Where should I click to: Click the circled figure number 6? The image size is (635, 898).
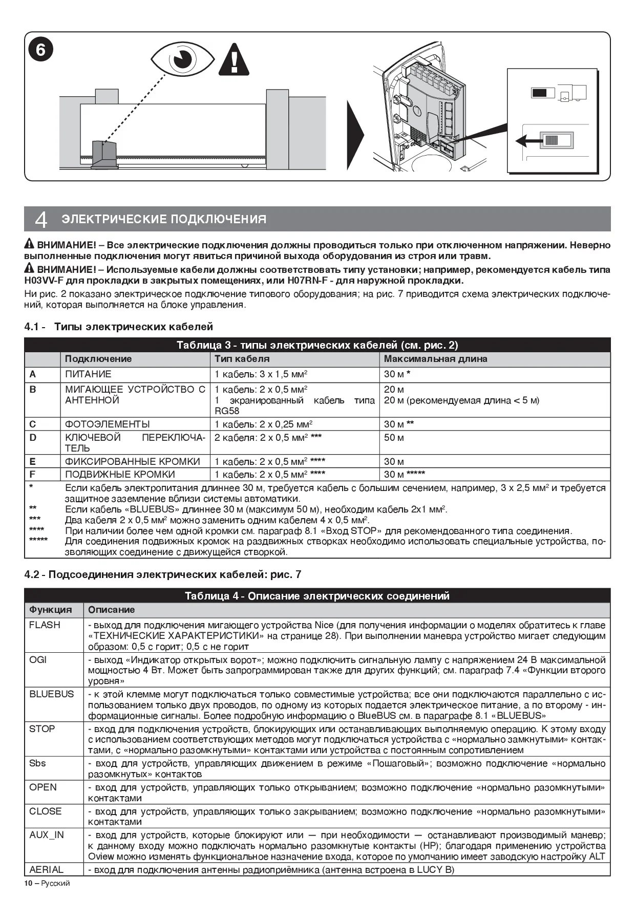40,50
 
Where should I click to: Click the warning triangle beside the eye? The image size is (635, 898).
234,60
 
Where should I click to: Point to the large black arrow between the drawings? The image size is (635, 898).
355,135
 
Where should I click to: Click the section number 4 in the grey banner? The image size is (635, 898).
41,220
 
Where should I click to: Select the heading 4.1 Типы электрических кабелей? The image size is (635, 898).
119,327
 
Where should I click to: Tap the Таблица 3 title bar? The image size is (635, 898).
317,345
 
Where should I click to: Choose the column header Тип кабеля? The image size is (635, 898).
242,359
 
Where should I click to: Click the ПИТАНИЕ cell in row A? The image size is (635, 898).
88,374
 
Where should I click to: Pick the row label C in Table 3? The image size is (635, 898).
33,424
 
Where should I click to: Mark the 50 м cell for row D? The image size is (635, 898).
394,438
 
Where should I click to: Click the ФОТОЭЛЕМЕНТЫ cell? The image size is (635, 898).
108,424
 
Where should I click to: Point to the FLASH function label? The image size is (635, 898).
45,625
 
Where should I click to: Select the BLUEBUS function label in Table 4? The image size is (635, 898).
51,694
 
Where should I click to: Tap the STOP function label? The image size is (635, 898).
42,729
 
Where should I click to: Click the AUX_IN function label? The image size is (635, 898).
47,835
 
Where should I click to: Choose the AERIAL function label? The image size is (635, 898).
47,869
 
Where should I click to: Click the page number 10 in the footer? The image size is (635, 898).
28,883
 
